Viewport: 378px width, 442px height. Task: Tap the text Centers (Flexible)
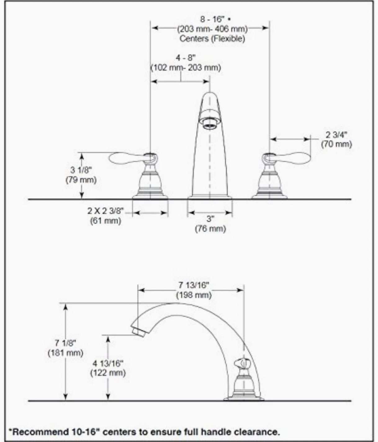click(x=212, y=39)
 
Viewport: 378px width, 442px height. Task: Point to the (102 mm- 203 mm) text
click(x=186, y=68)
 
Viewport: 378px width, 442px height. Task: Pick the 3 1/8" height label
click(x=81, y=170)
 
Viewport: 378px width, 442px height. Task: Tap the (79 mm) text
click(x=81, y=180)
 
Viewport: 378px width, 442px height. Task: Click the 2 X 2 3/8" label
click(x=106, y=211)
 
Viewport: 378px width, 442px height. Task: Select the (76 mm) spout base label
click(x=210, y=229)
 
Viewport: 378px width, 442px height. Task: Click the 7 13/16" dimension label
click(x=194, y=285)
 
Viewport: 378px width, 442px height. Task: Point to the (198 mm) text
click(x=194, y=295)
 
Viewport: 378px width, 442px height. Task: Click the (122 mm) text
click(x=108, y=373)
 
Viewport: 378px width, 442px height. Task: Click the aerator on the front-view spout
click(x=210, y=125)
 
